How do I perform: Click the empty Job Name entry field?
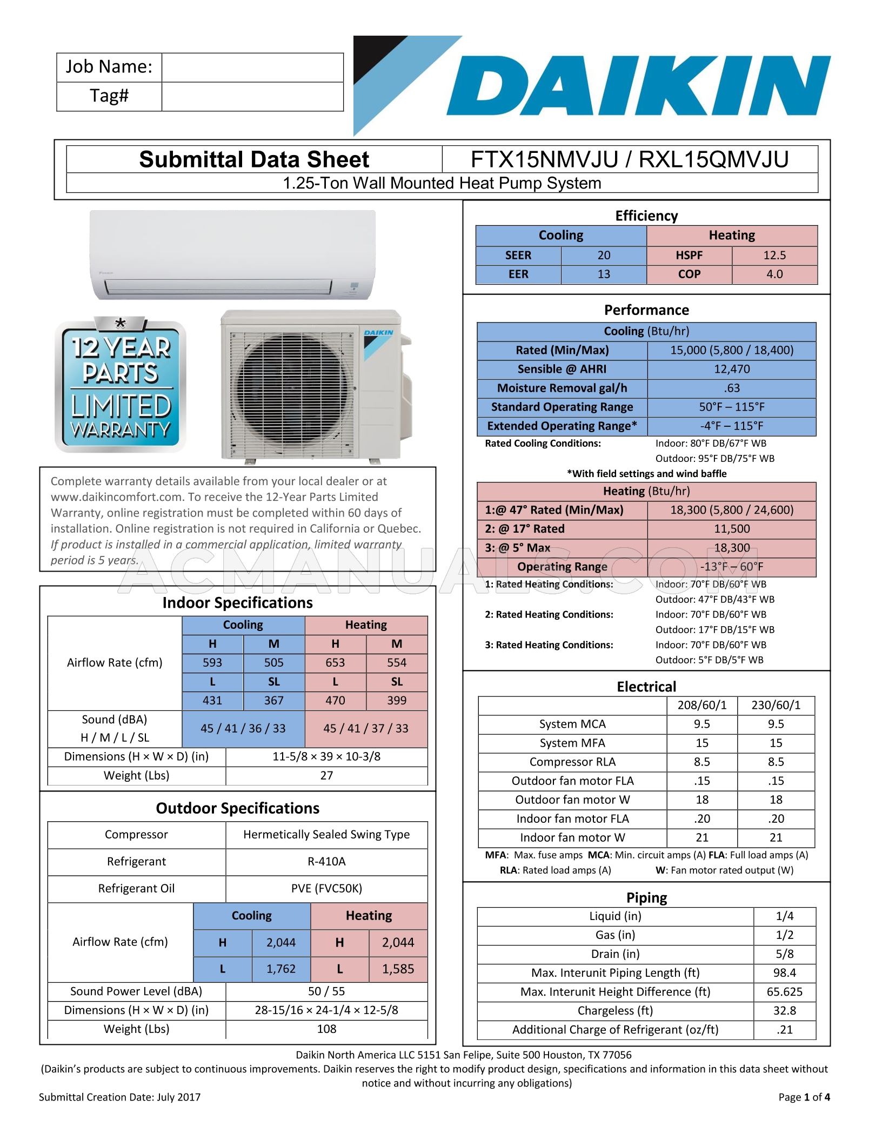tap(252, 68)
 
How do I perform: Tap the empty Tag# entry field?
tap(252, 97)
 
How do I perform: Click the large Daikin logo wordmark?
tap(638, 86)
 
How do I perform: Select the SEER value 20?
tap(604, 256)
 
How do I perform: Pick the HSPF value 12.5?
tap(774, 256)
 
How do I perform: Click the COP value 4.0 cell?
tap(774, 274)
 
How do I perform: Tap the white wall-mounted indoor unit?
tap(232, 254)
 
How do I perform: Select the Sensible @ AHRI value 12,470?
tap(732, 370)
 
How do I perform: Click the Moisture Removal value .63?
tap(732, 388)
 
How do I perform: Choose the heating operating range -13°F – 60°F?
tap(732, 567)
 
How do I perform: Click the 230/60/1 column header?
tap(776, 706)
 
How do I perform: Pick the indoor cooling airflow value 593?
tap(212, 663)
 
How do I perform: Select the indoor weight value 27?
tap(326, 776)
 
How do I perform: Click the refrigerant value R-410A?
tap(326, 862)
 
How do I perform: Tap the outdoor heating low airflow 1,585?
tap(398, 969)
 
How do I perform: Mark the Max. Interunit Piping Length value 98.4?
tap(784, 973)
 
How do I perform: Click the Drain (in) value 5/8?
tap(784, 954)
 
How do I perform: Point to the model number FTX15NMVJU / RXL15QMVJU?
tap(630, 160)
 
